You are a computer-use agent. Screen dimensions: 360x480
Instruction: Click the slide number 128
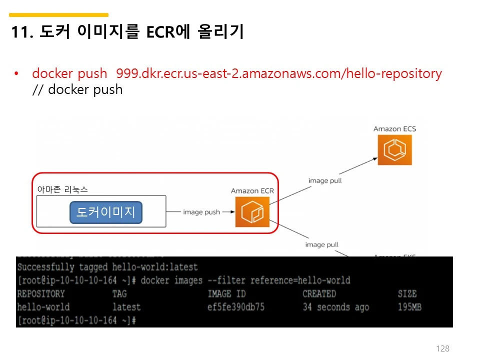(x=443, y=348)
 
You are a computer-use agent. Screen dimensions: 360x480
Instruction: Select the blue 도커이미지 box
(x=106, y=212)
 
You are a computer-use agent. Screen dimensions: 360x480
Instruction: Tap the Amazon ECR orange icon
(x=252, y=212)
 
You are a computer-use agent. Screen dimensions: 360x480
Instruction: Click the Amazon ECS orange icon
(x=394, y=148)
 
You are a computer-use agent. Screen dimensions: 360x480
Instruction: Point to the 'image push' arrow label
(x=201, y=212)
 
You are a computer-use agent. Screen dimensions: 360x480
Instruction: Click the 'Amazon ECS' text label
(x=394, y=129)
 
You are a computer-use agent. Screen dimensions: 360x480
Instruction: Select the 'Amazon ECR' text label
(x=252, y=191)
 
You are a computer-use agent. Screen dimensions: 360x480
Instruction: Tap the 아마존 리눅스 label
(x=62, y=189)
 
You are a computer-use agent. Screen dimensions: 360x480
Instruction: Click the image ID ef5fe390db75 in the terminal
(x=235, y=306)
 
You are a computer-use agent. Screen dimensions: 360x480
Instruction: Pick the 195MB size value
(x=409, y=306)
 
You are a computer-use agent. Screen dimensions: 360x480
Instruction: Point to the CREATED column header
(x=319, y=293)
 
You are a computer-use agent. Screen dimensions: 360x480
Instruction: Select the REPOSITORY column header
(x=41, y=293)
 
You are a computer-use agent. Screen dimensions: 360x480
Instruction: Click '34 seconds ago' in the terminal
(x=335, y=306)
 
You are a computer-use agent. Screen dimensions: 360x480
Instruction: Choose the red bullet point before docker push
(x=16, y=74)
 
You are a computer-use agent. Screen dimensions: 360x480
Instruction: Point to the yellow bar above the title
(x=58, y=15)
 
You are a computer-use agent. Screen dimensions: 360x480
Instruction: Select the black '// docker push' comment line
(x=77, y=90)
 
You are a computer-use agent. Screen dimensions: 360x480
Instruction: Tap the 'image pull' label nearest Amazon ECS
(x=325, y=180)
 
